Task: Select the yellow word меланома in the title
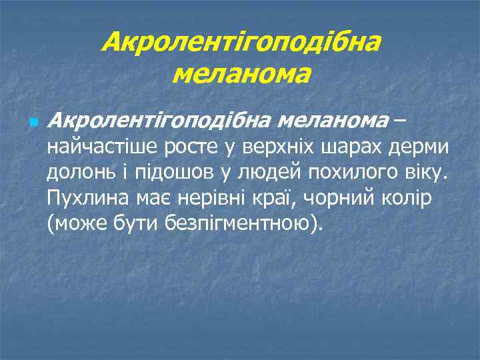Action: pos(241,73)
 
